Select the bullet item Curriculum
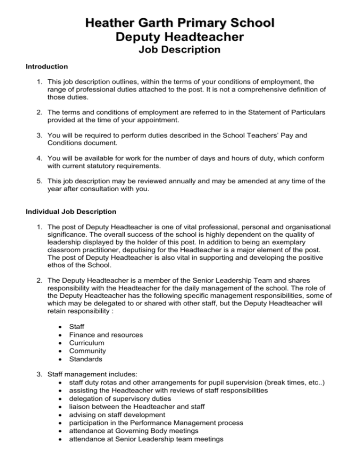86,342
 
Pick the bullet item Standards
85,359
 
